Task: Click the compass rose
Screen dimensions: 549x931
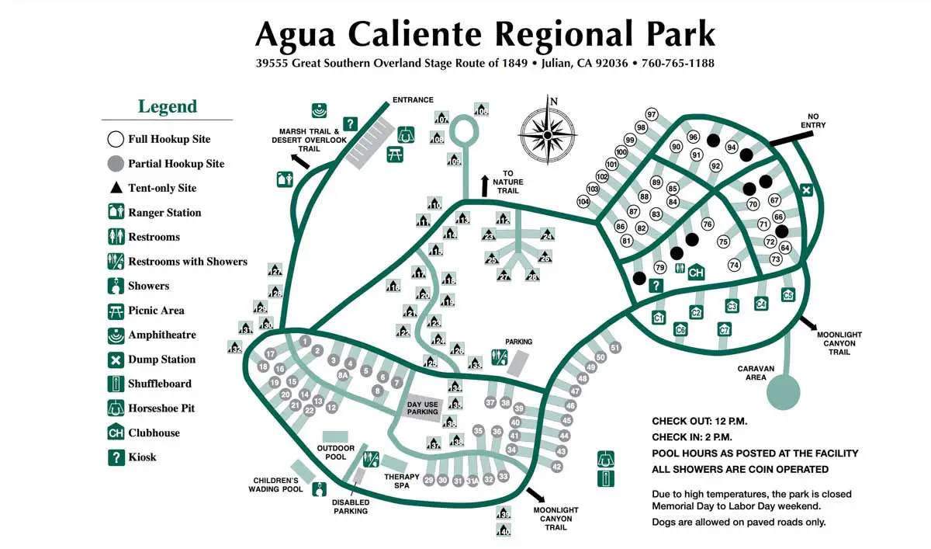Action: point(547,134)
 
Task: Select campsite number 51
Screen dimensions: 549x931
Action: point(615,348)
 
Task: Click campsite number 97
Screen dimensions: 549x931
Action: point(652,115)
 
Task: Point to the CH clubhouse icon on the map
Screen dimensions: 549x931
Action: point(696,273)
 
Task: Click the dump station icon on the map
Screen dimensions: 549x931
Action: point(806,190)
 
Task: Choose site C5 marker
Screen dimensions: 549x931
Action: point(788,295)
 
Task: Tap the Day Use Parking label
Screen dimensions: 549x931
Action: point(423,408)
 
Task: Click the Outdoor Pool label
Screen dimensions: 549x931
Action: point(336,453)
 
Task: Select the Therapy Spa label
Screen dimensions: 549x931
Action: point(402,481)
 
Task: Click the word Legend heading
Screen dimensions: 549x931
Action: point(168,106)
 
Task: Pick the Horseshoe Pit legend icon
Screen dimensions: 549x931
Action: point(116,408)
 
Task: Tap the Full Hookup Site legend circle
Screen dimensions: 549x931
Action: point(116,140)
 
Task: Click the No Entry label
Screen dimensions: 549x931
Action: point(812,120)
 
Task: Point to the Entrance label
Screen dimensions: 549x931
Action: point(413,100)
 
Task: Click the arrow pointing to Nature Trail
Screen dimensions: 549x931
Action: point(485,185)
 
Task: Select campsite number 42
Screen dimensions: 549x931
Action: point(556,467)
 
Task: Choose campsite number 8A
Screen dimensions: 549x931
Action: point(342,375)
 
